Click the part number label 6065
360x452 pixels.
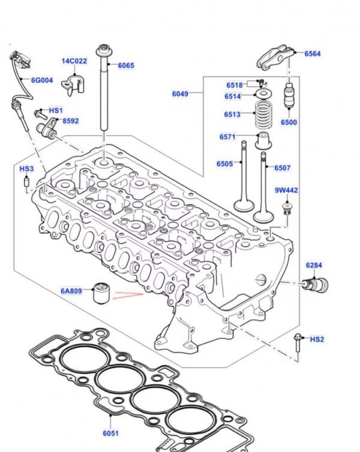(x=126, y=66)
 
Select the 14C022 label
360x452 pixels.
(x=74, y=61)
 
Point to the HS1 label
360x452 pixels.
(x=55, y=111)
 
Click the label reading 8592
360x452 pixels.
(x=70, y=121)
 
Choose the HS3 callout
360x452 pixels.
(x=27, y=169)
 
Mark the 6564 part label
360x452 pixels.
(x=312, y=54)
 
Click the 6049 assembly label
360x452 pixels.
(x=180, y=93)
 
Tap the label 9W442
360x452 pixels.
(x=287, y=191)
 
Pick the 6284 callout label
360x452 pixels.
(x=314, y=265)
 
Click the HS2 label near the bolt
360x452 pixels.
(x=317, y=339)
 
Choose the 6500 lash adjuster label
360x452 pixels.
(x=289, y=122)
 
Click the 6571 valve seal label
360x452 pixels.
(x=227, y=137)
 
